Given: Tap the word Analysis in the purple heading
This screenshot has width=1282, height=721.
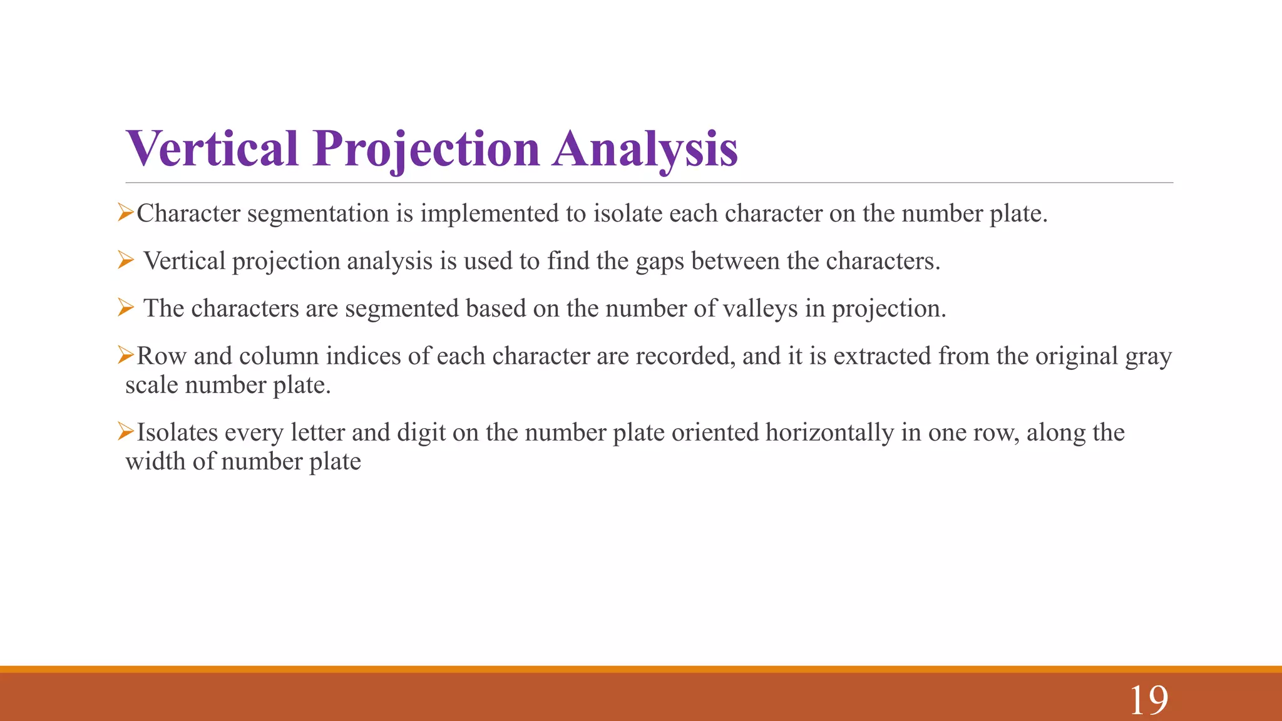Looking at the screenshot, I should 645,150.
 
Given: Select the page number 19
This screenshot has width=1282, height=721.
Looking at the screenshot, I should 1149,700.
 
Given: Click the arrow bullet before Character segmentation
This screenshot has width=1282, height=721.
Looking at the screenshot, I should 125,213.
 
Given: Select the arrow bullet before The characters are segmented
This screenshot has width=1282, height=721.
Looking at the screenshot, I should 125,308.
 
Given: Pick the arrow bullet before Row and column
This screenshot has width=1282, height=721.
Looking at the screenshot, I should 125,355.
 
